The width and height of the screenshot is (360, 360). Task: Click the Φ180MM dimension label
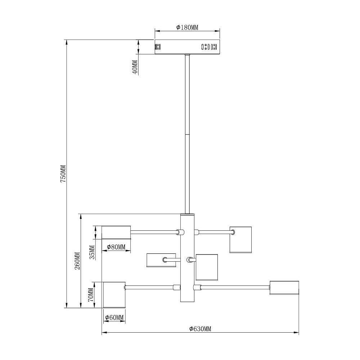187,28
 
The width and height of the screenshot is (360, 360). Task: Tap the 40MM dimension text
135,67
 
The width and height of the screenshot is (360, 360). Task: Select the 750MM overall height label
63,174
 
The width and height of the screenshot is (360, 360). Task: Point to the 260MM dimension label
77,261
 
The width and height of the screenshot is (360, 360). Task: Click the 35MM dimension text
92,252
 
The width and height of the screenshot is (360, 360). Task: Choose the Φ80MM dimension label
116,247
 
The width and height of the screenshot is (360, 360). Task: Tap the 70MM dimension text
91,295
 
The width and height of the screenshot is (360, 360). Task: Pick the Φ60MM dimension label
114,318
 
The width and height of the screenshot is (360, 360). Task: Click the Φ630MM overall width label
200,329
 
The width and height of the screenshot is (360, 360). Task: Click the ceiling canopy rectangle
187,47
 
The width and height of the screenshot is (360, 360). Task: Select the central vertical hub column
187,258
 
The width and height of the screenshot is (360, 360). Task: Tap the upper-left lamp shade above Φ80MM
116,232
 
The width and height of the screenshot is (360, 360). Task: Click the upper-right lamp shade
240,240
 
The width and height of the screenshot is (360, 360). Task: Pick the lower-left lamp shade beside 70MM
114,295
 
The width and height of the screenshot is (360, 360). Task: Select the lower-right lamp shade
284,287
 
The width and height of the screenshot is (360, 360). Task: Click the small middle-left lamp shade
161,260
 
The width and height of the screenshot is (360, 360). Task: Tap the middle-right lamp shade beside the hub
207,267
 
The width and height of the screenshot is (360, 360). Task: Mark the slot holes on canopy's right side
209,47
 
